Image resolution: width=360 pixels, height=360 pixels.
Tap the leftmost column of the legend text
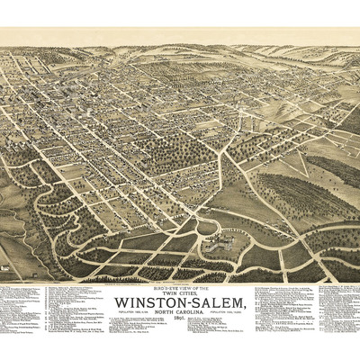[22, 310]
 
